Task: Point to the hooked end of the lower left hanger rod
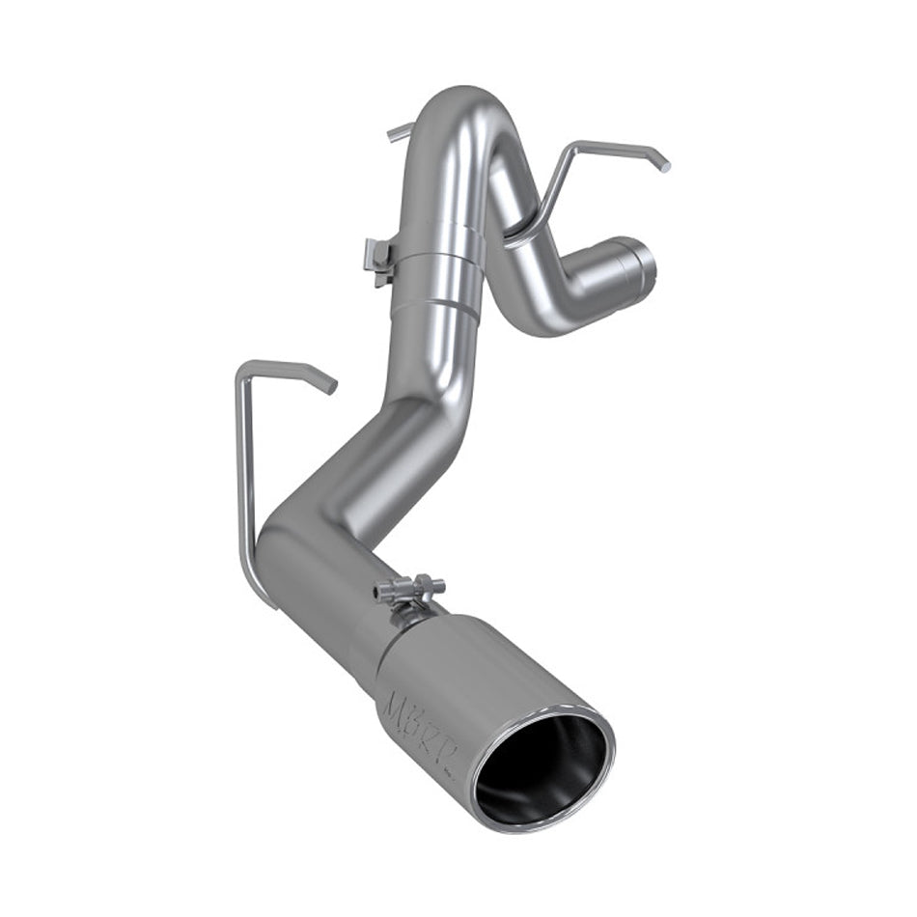[328, 384]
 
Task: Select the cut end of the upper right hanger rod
[662, 165]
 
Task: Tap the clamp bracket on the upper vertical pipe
[379, 259]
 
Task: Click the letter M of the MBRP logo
[399, 704]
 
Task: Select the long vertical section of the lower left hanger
[245, 473]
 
